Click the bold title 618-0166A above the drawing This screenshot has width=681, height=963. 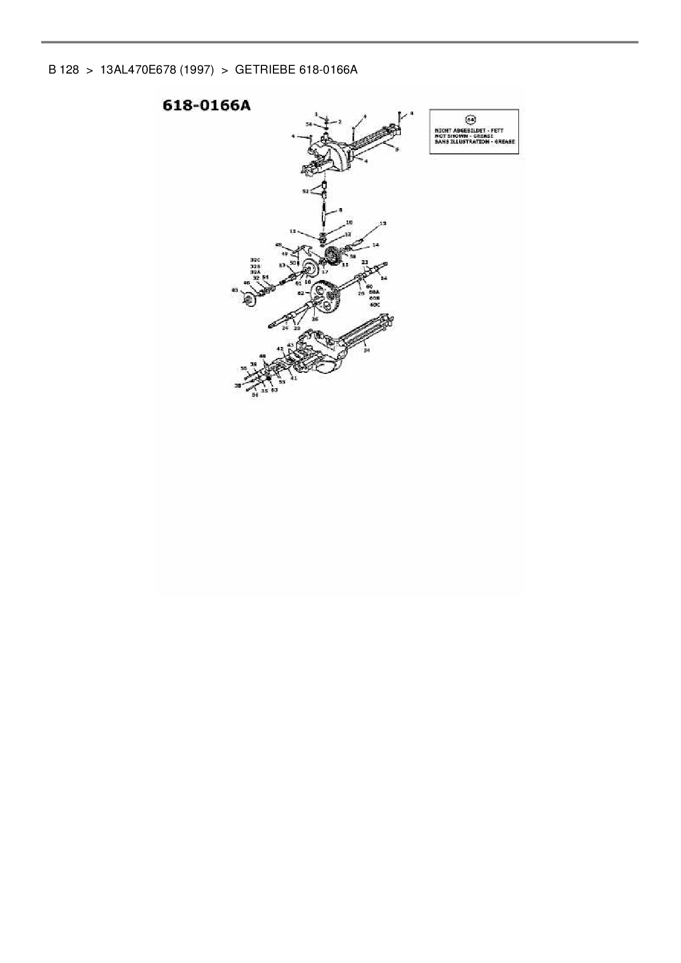[206, 105]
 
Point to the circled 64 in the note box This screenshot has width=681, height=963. [471, 119]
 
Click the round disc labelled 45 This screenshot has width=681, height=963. [249, 301]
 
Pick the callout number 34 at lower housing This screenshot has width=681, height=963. [367, 350]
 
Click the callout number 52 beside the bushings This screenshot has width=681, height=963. [305, 191]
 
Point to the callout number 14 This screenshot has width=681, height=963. [376, 245]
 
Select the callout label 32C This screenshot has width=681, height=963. [255, 260]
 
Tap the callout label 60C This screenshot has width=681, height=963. [375, 304]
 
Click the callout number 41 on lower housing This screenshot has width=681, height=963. [294, 378]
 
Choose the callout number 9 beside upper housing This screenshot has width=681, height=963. [397, 149]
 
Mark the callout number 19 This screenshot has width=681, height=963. [383, 223]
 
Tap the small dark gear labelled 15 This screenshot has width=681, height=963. [332, 256]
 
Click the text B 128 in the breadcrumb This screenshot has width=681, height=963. [64, 70]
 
